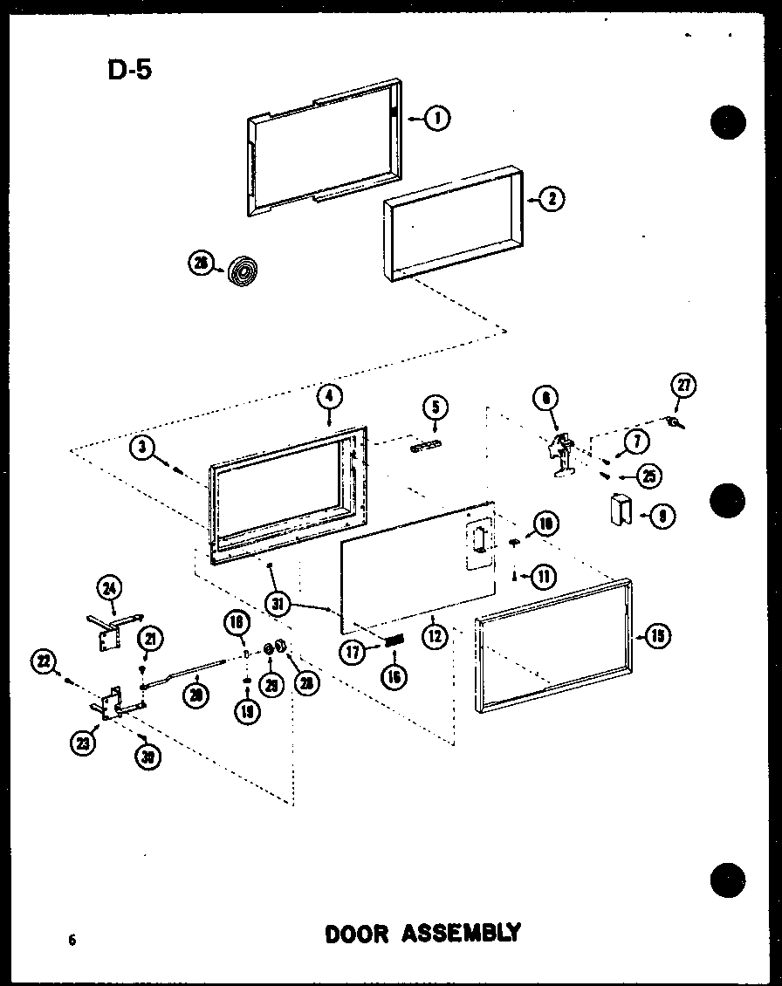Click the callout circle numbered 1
point(437,118)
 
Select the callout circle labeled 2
point(551,199)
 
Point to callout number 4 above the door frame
point(328,397)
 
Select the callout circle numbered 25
point(648,476)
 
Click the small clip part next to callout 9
point(621,510)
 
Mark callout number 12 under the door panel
point(434,636)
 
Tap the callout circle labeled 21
point(149,640)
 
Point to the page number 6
point(72,940)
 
